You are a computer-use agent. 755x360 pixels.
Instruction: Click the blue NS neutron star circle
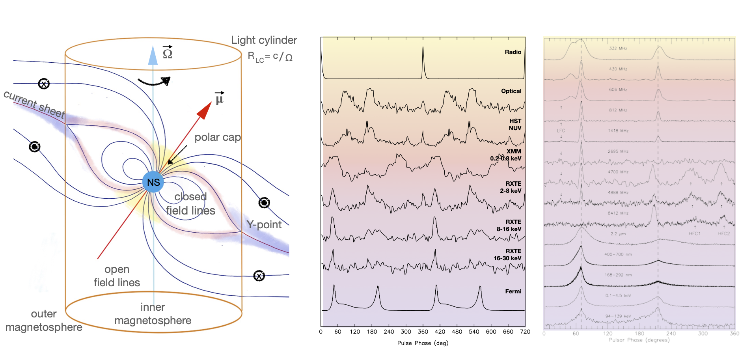153,182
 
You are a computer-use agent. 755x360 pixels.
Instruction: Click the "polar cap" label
217,137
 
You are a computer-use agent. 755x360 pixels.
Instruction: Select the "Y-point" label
264,225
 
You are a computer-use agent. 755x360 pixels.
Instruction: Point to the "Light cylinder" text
264,40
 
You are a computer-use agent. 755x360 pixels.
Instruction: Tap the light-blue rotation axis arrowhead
153,55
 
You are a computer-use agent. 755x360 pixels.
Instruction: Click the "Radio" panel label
513,52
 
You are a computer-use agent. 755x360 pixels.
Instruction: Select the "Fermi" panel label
513,291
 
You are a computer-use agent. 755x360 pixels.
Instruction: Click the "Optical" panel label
511,91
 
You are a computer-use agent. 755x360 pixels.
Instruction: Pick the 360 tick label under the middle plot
423,332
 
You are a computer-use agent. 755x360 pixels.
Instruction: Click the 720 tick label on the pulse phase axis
525,332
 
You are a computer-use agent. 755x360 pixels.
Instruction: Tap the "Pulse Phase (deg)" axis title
423,343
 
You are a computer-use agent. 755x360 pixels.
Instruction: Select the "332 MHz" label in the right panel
618,48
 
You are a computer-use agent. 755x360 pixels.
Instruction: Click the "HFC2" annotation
723,234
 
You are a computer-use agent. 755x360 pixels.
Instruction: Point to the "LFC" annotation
561,131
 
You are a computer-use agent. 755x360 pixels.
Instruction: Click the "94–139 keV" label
618,316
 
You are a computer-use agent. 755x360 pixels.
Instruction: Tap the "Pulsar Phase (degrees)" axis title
639,340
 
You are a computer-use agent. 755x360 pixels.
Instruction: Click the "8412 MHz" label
618,213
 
